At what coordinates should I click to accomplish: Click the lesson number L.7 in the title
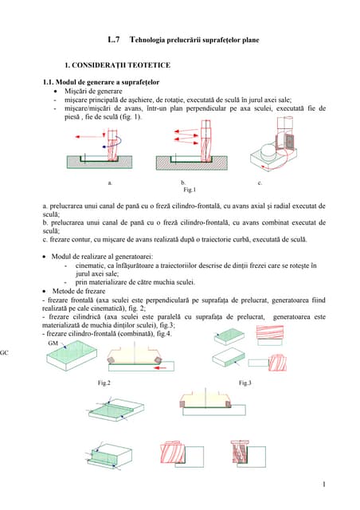(x=113, y=39)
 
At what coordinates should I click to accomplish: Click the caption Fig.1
(x=189, y=191)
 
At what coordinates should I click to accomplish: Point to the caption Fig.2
(x=104, y=383)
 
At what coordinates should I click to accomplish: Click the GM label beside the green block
(x=53, y=343)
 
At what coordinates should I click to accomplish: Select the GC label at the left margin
(x=4, y=351)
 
